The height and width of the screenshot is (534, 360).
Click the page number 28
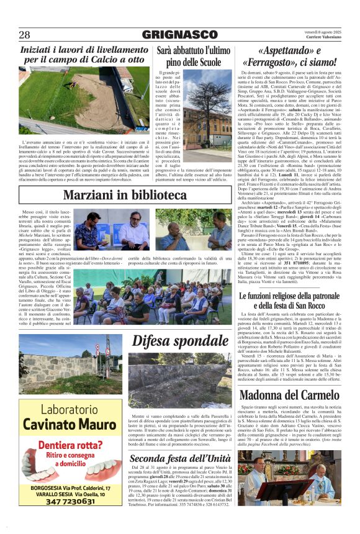(x=25, y=35)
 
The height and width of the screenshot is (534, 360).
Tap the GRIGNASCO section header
(x=179, y=35)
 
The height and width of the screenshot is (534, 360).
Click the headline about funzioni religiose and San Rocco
(x=289, y=301)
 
